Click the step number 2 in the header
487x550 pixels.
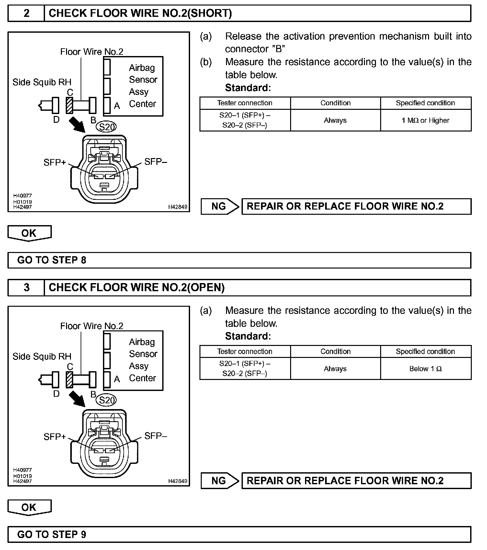coord(26,13)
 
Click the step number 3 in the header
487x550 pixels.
coord(26,288)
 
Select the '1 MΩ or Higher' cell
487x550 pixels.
coord(425,120)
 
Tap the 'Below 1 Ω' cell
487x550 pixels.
coord(425,369)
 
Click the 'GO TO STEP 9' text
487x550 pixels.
coord(52,534)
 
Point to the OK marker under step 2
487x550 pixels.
coord(29,233)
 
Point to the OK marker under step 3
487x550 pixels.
coord(29,507)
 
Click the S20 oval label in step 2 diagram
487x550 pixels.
coord(107,127)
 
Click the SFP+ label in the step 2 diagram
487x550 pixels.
coord(54,162)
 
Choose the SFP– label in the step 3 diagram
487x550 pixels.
coord(155,436)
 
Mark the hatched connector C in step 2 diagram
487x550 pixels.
coord(69,105)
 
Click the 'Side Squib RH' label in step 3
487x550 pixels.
coord(42,357)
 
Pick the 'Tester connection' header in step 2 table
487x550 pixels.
coord(245,103)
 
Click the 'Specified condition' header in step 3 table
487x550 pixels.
coord(425,351)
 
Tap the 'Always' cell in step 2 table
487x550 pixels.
coord(335,120)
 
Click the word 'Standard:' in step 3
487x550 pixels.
coord(248,336)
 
